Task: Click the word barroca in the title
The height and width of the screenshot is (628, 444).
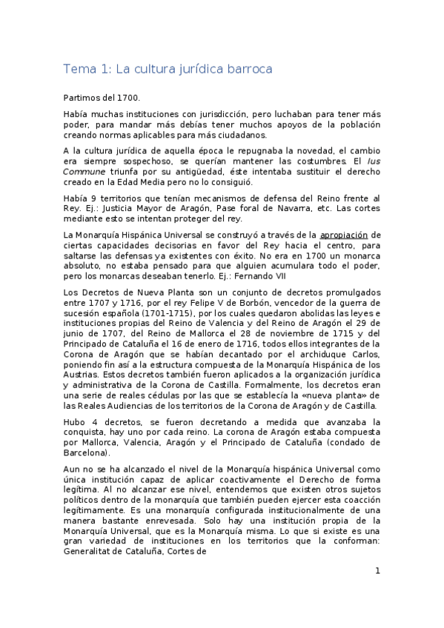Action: pyautogui.click(x=247, y=70)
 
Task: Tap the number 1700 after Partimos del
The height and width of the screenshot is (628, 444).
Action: pyautogui.click(x=127, y=98)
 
